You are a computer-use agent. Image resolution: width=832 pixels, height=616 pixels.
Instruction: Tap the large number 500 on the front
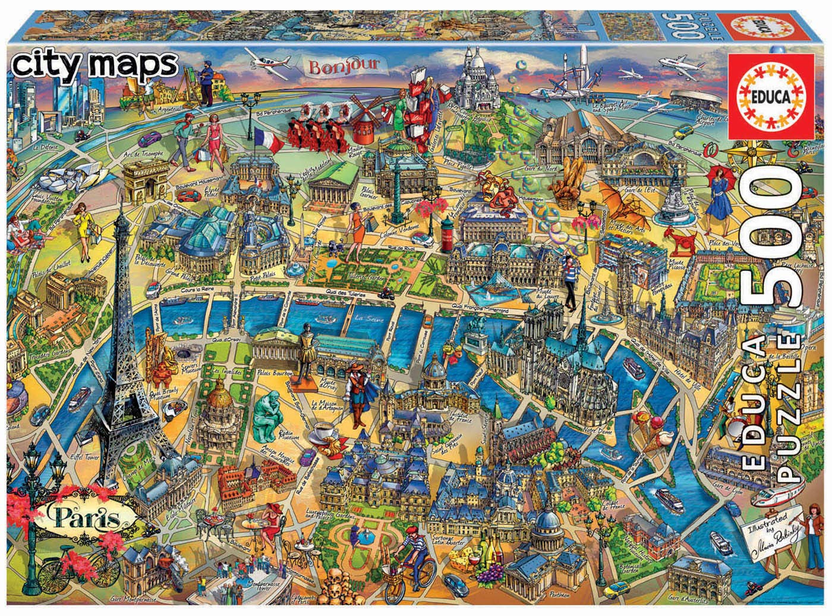point(767,237)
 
